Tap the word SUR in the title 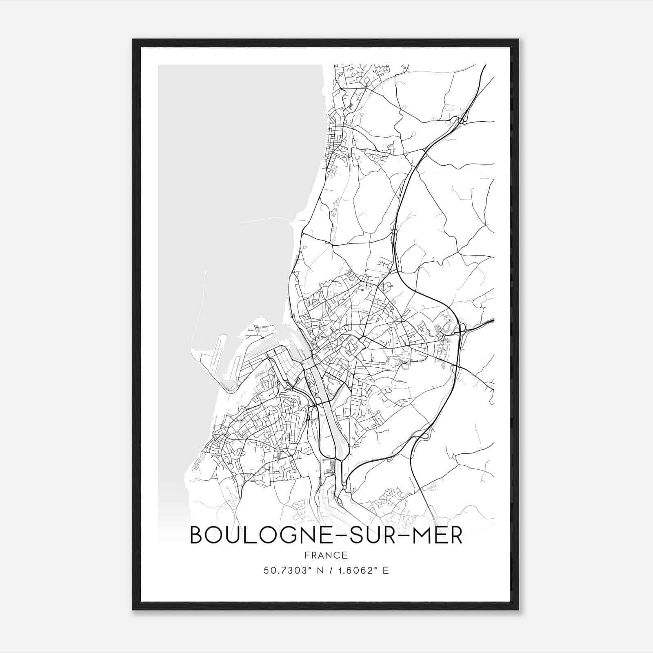point(375,535)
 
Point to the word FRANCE point(326,555)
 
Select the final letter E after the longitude point(386,570)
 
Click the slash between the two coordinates point(329,570)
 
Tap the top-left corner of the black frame point(133,40)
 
